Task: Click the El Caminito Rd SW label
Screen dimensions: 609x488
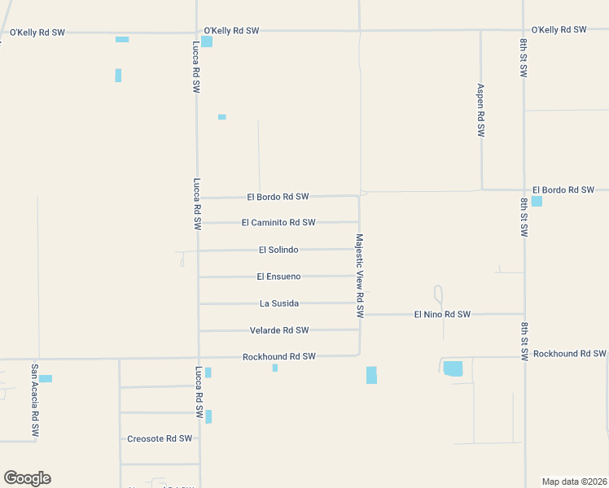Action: [x=278, y=223]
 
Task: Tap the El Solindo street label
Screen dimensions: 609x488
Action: [x=278, y=250]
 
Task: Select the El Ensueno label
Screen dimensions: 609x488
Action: [x=278, y=277]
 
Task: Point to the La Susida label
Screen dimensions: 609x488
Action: [x=279, y=303]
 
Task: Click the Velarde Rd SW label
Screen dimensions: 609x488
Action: [x=279, y=330]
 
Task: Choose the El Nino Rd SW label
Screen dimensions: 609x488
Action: [x=442, y=314]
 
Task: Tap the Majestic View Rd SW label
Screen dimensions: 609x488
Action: [x=359, y=277]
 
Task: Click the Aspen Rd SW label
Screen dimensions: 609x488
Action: [x=480, y=110]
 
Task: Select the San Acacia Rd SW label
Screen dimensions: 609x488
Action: [x=35, y=402]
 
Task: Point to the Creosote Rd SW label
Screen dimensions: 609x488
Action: [x=160, y=438]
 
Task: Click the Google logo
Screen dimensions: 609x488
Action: [x=27, y=477]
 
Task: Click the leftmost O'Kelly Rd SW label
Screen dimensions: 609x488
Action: [x=37, y=33]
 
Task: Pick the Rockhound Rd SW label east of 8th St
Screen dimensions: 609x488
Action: [x=570, y=354]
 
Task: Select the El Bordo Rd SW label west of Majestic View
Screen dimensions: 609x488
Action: [x=278, y=197]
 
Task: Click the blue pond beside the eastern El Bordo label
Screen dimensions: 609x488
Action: [x=537, y=201]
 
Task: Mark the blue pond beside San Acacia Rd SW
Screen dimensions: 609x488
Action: [x=46, y=378]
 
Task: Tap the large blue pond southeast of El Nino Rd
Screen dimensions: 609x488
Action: [x=453, y=368]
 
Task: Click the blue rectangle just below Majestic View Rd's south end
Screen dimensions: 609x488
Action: [x=371, y=375]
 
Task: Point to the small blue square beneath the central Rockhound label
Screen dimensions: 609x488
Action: [x=275, y=368]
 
